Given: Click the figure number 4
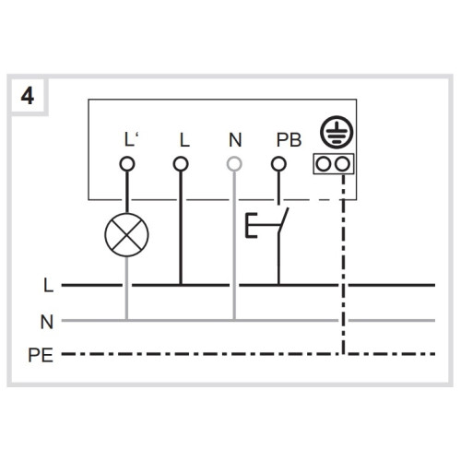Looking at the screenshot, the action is (27, 96).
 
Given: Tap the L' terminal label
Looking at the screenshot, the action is (131, 140).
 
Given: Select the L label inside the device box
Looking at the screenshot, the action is (184, 140).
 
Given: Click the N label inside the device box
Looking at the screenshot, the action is (235, 140).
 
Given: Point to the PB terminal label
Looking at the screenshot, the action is (289, 140).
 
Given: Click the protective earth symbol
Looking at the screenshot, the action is (337, 132).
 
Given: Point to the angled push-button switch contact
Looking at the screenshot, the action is (284, 220).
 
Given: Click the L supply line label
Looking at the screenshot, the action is (49, 286).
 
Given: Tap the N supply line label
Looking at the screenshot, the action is (47, 322).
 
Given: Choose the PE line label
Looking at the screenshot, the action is (41, 355).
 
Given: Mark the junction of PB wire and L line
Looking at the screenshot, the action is (278, 285).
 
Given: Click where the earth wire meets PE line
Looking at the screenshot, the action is (343, 354).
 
